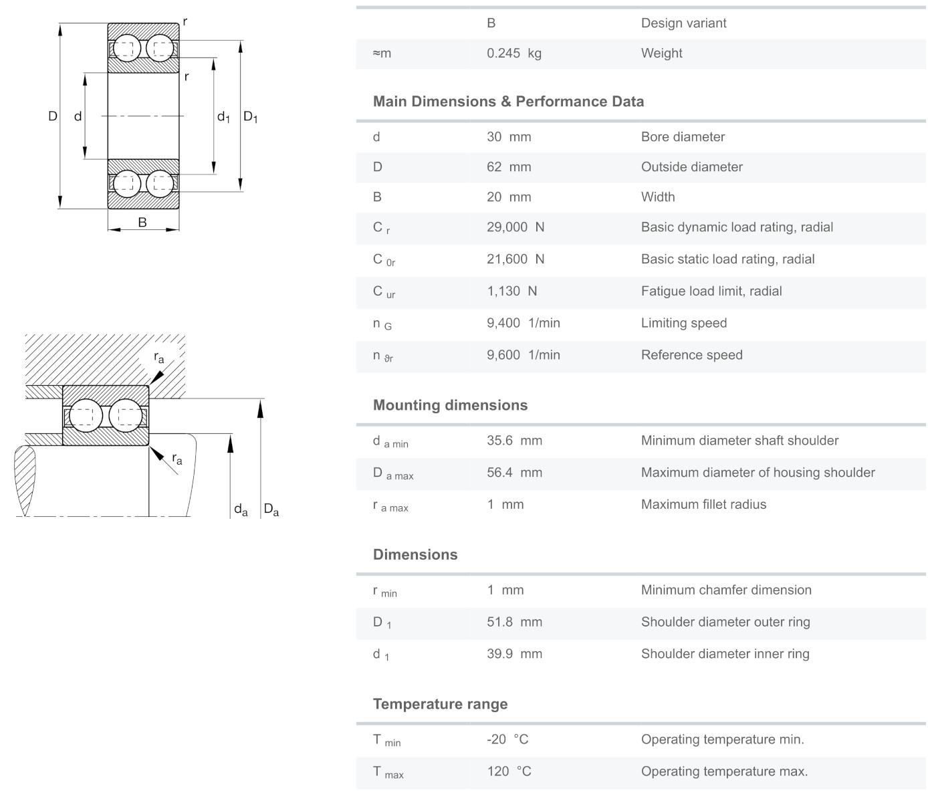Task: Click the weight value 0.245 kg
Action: (513, 53)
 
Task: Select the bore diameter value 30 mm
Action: (508, 137)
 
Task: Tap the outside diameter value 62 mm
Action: (508, 167)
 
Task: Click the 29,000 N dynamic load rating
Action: (515, 227)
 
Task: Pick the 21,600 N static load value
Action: (515, 259)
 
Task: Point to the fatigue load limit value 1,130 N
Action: (511, 292)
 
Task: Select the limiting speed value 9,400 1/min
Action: (523, 324)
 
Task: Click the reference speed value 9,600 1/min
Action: (523, 356)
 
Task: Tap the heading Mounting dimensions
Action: (450, 405)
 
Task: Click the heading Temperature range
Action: (440, 704)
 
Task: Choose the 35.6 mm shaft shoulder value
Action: (514, 441)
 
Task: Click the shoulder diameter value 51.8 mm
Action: (514, 622)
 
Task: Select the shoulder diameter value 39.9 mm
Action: (514, 654)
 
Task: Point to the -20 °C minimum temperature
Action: (507, 740)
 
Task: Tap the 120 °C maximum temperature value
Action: (508, 772)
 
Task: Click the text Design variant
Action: (683, 23)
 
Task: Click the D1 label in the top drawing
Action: (250, 117)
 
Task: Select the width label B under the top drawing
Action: (142, 223)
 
